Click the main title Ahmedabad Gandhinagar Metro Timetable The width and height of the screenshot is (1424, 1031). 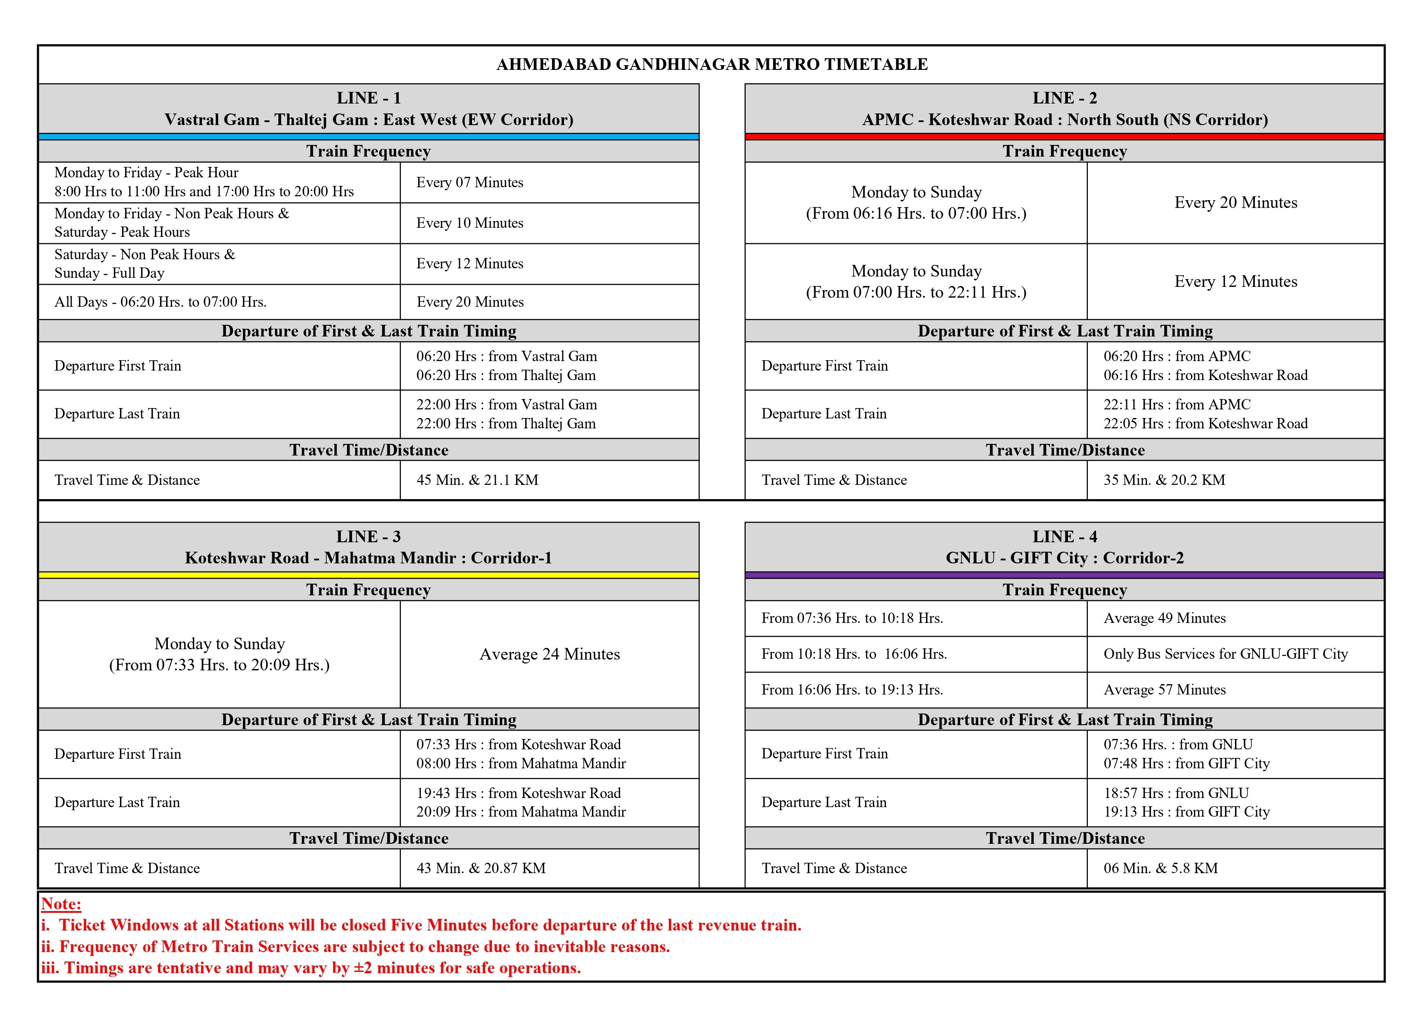[712, 65]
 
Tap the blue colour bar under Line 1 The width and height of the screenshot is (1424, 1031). [369, 136]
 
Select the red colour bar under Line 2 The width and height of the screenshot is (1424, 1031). [1064, 136]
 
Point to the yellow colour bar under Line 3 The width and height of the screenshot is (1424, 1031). [369, 575]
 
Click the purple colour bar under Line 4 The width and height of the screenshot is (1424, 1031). [1064, 575]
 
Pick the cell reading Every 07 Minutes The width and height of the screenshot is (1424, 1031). [469, 182]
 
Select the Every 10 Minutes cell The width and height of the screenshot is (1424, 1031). [469, 223]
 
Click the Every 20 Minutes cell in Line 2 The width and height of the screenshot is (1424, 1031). [1235, 203]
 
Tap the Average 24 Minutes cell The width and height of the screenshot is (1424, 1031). [549, 654]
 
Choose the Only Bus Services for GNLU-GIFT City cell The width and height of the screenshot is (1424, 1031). [1226, 654]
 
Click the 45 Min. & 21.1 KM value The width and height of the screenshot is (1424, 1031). [477, 480]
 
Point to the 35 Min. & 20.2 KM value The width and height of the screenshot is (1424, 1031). [1164, 480]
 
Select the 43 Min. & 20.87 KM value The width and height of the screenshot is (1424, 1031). [481, 868]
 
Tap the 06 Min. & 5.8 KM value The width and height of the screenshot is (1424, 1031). [1160, 868]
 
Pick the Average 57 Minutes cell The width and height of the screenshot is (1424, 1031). [1164, 690]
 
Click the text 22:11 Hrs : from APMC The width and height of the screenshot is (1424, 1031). [1177, 405]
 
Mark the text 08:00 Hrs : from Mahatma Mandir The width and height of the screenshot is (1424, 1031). [520, 764]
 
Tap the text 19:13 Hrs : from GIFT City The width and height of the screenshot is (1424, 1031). [1186, 812]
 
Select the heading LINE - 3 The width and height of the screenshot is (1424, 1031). [369, 537]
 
